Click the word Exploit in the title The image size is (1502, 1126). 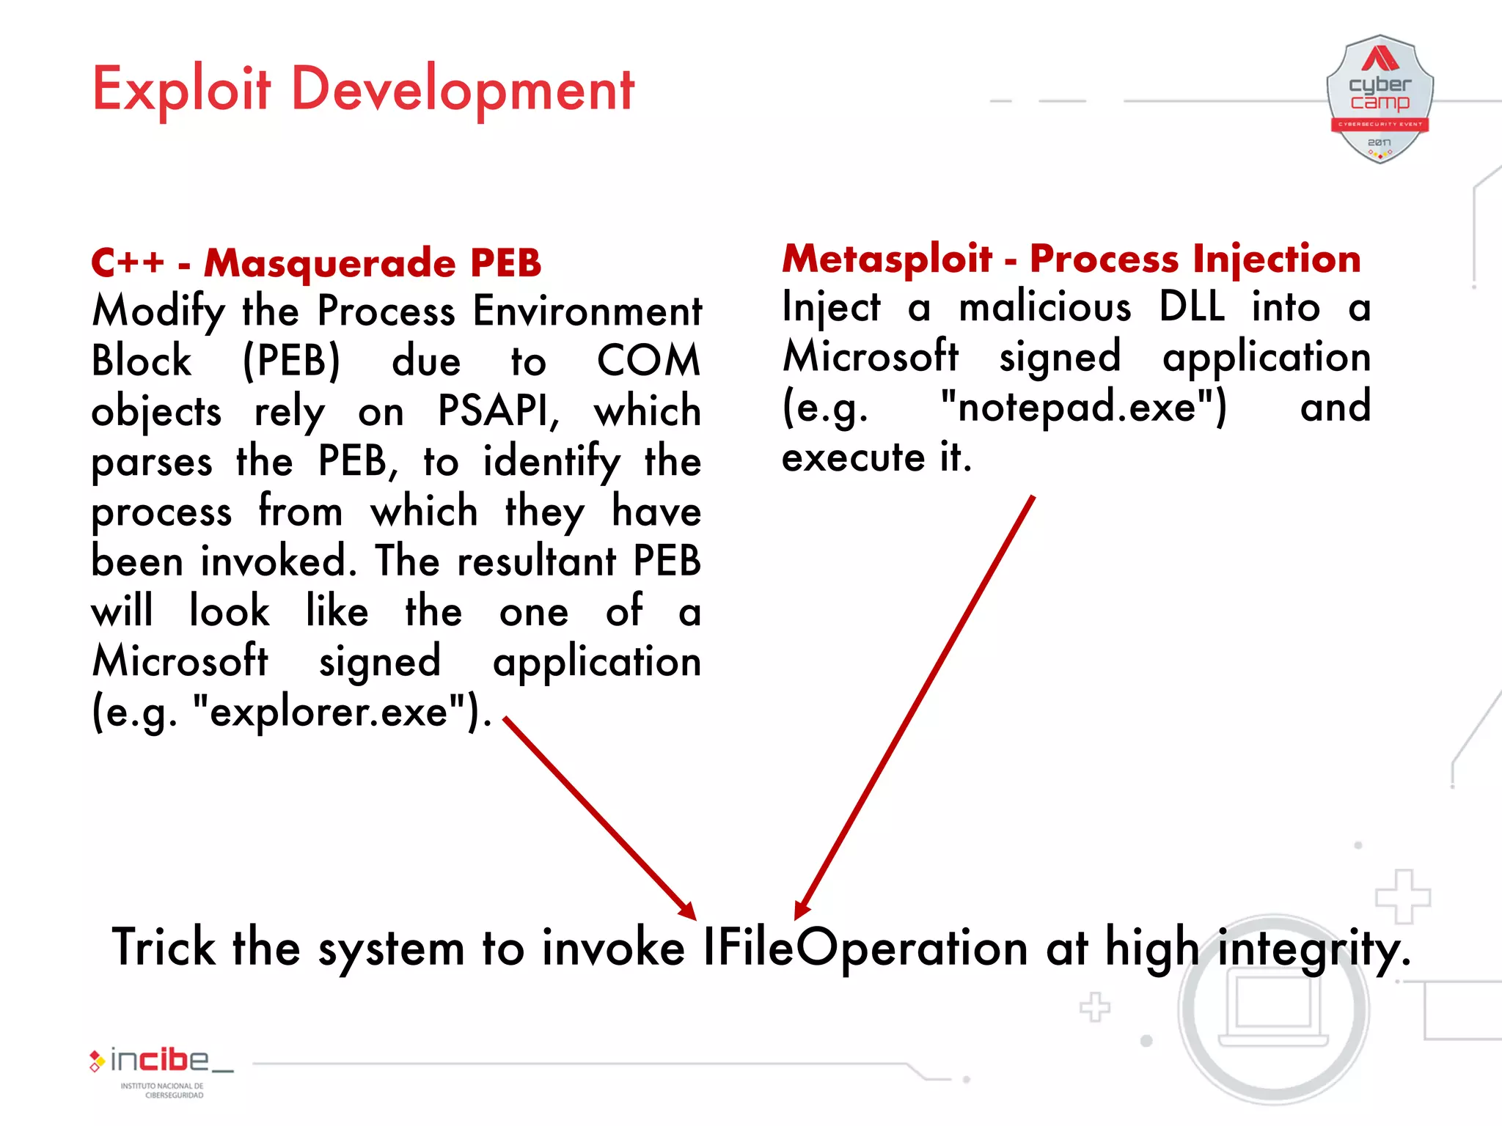181,89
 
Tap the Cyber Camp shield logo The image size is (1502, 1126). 1380,99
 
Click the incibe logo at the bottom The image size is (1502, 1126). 161,1062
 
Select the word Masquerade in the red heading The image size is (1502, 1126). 329,263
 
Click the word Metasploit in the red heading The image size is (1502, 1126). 887,259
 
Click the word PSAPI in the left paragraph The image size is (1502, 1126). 497,411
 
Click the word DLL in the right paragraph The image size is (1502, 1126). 1192,306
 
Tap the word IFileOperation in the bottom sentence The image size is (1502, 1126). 865,948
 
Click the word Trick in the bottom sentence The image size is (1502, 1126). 163,948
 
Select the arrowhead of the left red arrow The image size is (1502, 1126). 688,911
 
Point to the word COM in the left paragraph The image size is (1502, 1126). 648,361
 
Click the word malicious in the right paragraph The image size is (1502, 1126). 1045,306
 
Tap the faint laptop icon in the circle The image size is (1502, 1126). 1274,1008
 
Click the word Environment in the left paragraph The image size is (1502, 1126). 587,311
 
